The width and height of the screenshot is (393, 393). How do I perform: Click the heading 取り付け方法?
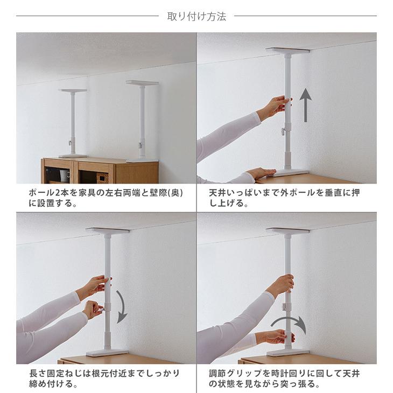196,16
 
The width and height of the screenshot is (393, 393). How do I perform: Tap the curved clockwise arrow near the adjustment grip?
289,324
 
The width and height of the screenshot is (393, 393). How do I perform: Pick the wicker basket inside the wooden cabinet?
102,177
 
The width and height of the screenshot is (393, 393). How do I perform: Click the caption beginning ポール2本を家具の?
106,198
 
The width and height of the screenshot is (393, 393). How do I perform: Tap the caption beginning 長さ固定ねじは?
104,378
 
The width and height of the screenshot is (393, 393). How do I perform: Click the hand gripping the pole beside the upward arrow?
279,106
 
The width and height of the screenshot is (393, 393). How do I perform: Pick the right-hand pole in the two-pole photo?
142,121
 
